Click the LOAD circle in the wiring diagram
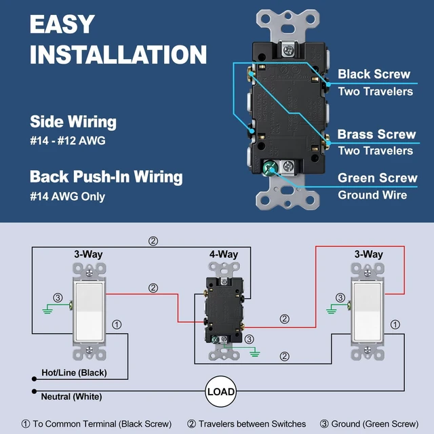[x=221, y=391]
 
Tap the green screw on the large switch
[x=270, y=168]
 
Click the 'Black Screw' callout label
[x=374, y=74]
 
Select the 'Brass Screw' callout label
[x=376, y=134]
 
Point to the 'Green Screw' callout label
[x=378, y=178]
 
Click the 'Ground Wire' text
[x=372, y=195]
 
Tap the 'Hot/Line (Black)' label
[x=74, y=372]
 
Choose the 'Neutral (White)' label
[x=71, y=397]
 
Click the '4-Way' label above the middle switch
[x=224, y=254]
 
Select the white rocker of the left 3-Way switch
[x=90, y=312]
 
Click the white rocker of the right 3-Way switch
[x=368, y=312]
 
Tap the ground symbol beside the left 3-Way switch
[x=47, y=311]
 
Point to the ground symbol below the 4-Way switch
[x=255, y=353]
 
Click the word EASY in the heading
[x=62, y=24]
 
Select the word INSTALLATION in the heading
[x=118, y=54]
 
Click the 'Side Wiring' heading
[x=73, y=122]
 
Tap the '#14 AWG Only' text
[x=68, y=197]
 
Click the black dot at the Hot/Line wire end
[x=35, y=379]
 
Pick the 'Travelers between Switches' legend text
[x=252, y=424]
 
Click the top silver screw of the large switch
[x=288, y=50]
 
